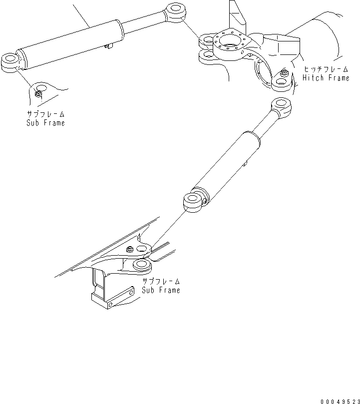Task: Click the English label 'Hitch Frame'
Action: (326, 78)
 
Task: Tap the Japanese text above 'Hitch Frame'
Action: (326, 69)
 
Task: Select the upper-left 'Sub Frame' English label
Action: (45, 123)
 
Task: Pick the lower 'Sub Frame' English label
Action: (161, 290)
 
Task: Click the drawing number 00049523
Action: (340, 402)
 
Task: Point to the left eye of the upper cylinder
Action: (10, 62)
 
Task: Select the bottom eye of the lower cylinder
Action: (193, 203)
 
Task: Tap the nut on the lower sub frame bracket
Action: (130, 249)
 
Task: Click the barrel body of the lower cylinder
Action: (227, 165)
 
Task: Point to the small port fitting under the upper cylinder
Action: (108, 46)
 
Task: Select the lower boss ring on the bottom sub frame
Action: (141, 266)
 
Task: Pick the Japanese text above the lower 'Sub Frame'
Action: (161, 281)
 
